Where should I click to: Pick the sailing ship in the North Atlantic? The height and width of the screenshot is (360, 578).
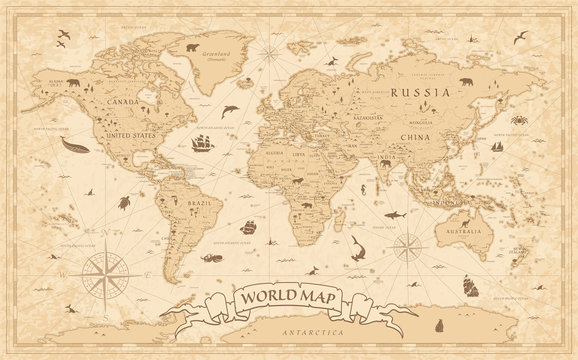point(199,146)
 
